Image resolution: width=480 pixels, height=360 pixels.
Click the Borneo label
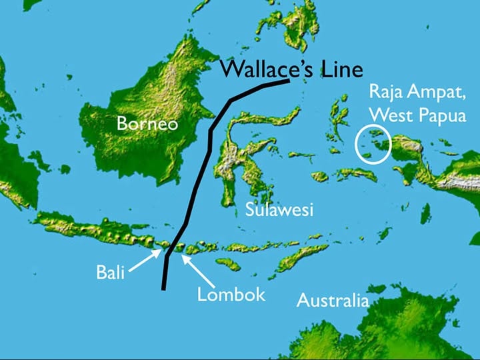[147, 123]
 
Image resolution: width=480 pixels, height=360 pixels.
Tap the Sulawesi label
[279, 209]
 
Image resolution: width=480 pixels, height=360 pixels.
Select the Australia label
[332, 301]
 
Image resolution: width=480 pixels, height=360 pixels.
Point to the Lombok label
[231, 294]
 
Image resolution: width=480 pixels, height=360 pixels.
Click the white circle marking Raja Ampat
[372, 144]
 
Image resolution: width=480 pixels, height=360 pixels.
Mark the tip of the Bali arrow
[161, 250]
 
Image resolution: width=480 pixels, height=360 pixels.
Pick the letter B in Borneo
[122, 123]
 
